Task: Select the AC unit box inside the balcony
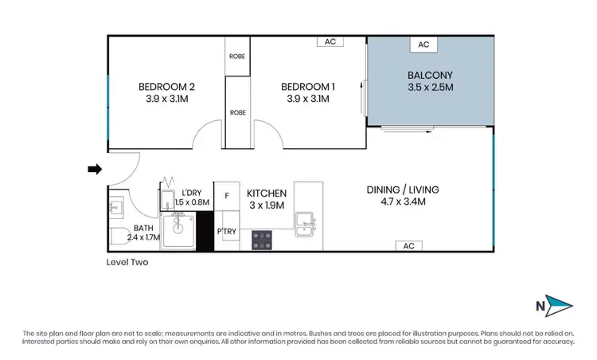423,45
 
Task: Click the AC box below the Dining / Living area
408,245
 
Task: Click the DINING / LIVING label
402,190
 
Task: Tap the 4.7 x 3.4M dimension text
402,202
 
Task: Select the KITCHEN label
267,194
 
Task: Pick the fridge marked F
226,194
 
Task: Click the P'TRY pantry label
226,232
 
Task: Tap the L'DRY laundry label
191,193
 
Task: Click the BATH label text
121,228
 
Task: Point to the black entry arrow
95,169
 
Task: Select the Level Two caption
127,261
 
